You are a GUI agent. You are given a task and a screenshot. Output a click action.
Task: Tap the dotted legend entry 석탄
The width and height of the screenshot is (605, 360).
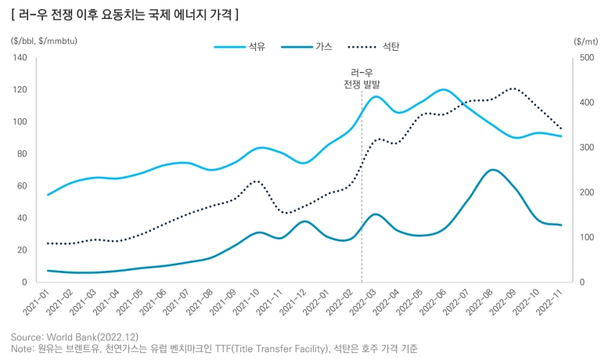click(x=391, y=47)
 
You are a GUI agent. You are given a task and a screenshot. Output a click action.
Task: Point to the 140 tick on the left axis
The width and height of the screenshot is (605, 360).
click(x=20, y=58)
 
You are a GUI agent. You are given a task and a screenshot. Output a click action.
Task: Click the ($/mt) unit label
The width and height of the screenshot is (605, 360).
click(x=585, y=41)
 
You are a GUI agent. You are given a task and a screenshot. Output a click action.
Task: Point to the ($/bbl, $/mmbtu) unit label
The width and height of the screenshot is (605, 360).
click(x=45, y=41)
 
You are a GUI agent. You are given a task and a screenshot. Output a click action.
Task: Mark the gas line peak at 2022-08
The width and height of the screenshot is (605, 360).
click(x=492, y=169)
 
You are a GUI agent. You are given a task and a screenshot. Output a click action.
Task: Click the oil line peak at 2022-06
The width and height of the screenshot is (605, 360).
click(x=443, y=89)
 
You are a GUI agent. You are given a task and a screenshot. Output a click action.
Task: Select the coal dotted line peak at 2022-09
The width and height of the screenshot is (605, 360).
click(x=513, y=88)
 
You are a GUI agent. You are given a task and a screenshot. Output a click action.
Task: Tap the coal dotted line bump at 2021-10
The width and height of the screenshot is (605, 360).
click(x=257, y=181)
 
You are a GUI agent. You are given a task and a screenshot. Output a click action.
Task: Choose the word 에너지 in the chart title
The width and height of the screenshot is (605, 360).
click(x=185, y=15)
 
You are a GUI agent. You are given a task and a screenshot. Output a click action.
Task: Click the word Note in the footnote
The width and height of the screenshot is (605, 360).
click(x=22, y=347)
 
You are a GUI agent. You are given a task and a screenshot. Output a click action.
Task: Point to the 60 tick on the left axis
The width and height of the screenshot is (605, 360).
click(x=23, y=186)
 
